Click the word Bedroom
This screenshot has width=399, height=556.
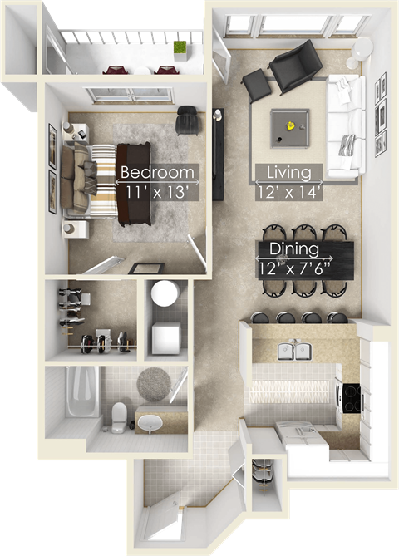[x=158, y=174]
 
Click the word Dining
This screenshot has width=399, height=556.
[x=293, y=248]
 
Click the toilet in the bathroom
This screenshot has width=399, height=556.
[x=120, y=415]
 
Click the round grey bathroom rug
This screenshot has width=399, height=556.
[x=153, y=383]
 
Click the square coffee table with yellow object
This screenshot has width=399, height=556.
[x=290, y=127]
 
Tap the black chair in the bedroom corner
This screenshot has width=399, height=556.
[x=188, y=119]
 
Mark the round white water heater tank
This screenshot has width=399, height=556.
[x=164, y=293]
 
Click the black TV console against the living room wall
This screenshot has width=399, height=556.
[x=218, y=154]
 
